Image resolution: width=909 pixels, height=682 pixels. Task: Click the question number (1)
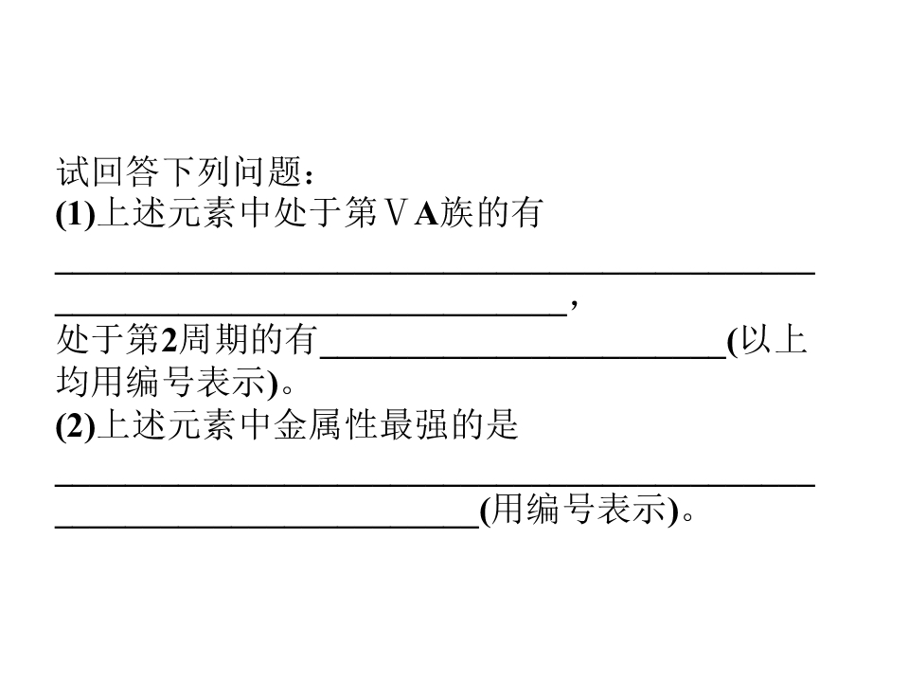(x=76, y=214)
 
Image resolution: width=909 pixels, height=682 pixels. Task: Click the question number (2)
(x=76, y=425)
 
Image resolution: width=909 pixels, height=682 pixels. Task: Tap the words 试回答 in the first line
(x=107, y=171)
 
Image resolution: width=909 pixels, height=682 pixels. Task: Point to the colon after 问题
(x=309, y=175)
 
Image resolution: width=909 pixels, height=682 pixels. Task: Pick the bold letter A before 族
(x=427, y=213)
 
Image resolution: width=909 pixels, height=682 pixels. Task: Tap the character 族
(x=456, y=213)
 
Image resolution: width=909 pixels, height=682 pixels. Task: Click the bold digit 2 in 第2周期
(x=169, y=340)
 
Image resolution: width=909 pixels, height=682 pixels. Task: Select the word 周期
(x=212, y=340)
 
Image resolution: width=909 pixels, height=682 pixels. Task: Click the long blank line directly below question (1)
(x=435, y=272)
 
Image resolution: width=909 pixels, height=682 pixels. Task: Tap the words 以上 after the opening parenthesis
(x=774, y=340)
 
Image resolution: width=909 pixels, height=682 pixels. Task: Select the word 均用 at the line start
(x=91, y=382)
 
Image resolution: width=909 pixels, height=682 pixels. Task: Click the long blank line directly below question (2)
(x=435, y=484)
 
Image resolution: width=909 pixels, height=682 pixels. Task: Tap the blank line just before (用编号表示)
(x=267, y=527)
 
